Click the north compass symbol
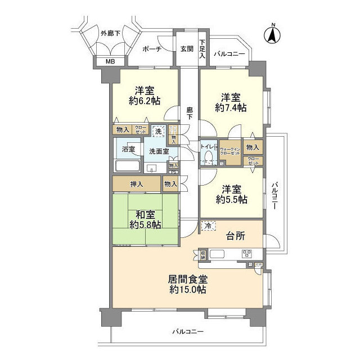[x=272, y=34]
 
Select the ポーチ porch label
[x=152, y=49]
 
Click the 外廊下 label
[x=110, y=33]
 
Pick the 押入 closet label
[x=137, y=183]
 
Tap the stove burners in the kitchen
[x=248, y=254]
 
